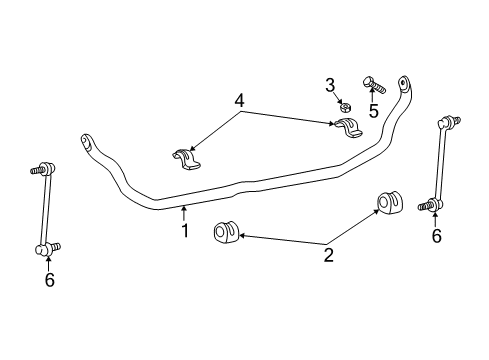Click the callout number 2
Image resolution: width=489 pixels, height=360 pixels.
point(327,256)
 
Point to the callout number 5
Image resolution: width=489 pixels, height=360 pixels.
point(373,111)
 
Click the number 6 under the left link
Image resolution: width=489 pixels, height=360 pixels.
point(48,282)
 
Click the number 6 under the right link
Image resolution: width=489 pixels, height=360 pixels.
point(435,237)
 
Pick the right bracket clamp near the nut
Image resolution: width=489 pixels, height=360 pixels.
point(347,129)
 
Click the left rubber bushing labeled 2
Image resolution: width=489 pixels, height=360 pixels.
point(224,234)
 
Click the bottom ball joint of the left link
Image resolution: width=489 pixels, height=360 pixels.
point(44,246)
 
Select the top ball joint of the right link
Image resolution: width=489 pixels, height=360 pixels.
point(447,123)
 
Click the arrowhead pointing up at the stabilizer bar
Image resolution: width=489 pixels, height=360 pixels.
point(184,210)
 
